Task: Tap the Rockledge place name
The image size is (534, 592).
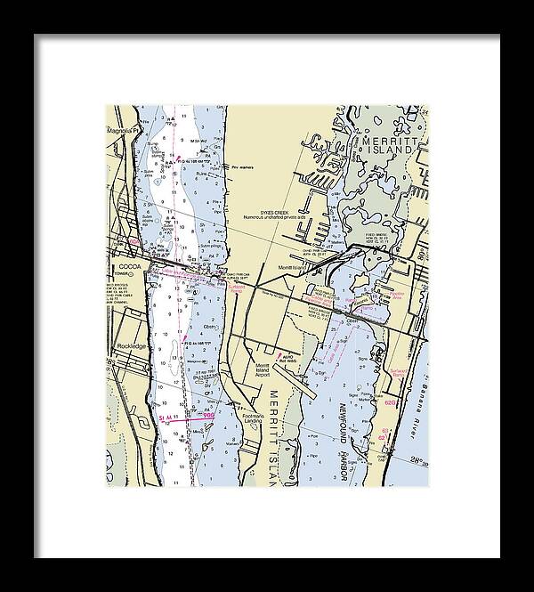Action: tap(132, 345)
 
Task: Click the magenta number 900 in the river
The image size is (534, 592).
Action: tap(208, 414)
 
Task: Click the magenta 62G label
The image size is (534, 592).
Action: tap(390, 402)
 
